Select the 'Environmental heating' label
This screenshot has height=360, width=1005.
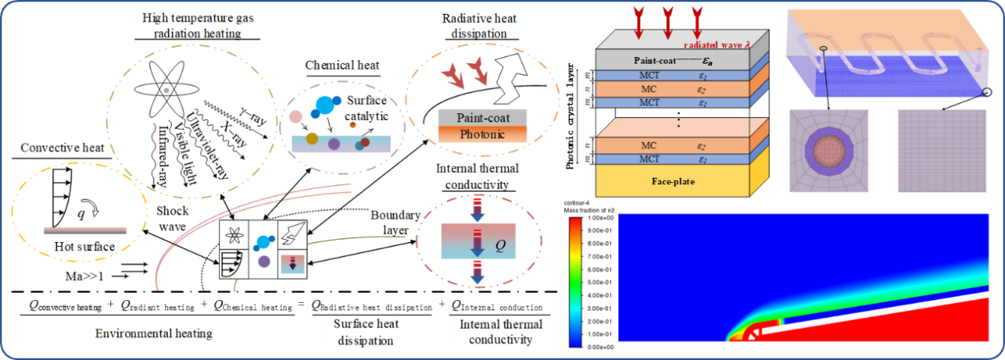(x=154, y=333)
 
